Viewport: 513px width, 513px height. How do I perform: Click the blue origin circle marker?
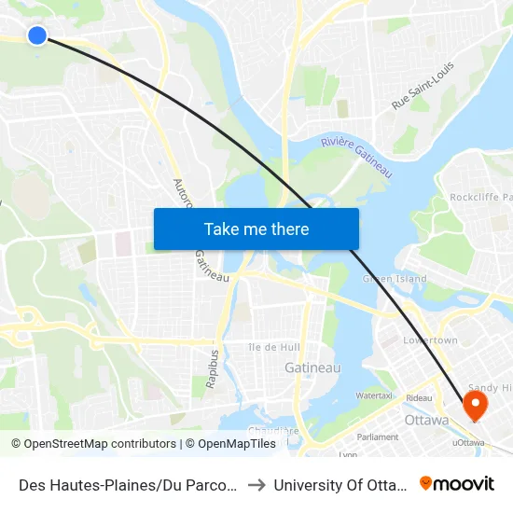pos(37,35)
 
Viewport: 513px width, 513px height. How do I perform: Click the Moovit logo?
pos(457,483)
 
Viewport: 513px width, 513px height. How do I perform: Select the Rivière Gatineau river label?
pos(355,154)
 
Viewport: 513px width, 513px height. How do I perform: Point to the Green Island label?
pos(395,278)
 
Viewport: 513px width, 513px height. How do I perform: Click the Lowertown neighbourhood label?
pos(430,340)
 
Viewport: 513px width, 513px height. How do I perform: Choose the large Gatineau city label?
pos(312,367)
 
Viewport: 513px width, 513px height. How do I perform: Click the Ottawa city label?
pos(427,420)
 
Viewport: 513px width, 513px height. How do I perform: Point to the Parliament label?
pos(378,437)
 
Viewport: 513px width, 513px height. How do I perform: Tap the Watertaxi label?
pos(372,395)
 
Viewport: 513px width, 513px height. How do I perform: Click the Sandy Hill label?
pos(489,387)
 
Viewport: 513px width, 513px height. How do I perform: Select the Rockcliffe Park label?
pos(481,197)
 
